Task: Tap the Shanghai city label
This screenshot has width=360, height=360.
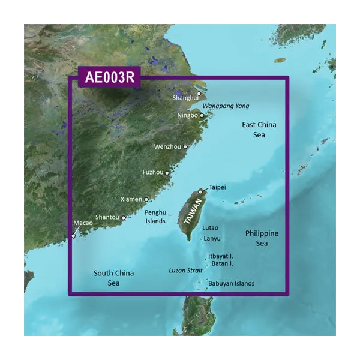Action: click(x=185, y=97)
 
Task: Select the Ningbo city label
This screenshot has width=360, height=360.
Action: click(x=188, y=115)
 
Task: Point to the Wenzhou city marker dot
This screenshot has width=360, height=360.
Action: click(x=185, y=146)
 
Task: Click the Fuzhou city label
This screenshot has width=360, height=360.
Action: click(x=152, y=172)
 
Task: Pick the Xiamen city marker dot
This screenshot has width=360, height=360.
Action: click(x=146, y=199)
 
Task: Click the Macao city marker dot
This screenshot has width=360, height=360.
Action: click(x=74, y=236)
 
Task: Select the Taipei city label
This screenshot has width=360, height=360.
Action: click(x=217, y=187)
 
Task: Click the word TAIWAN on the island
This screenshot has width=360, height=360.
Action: click(x=192, y=212)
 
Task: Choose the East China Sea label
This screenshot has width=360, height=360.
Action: click(x=259, y=130)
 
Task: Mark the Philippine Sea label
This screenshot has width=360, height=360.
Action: click(x=262, y=238)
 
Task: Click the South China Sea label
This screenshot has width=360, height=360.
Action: click(x=113, y=278)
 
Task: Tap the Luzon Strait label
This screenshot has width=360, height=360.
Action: click(x=186, y=271)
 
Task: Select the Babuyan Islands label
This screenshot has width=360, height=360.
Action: click(x=231, y=283)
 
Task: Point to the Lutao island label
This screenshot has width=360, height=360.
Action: click(x=211, y=228)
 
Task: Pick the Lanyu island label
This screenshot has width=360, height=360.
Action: click(x=212, y=238)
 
